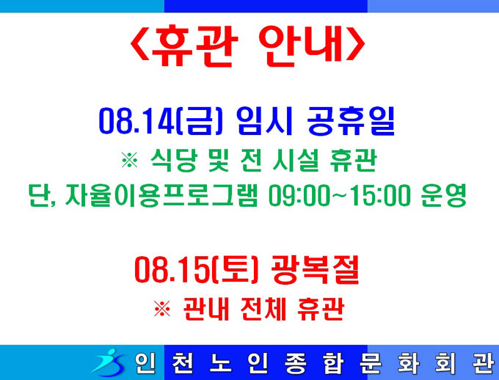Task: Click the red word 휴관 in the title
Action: pos(194,45)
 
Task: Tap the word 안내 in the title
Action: pos(301,45)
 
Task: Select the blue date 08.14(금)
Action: pos(160,122)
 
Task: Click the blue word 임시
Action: pos(264,121)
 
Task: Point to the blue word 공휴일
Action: pos(351,121)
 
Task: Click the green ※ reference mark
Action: pos(130,160)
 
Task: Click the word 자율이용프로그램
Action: pos(161,195)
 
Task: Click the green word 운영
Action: pos(444,195)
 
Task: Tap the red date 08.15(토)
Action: pos(197,270)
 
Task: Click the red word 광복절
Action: pos(316,269)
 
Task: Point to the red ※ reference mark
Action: pos(162,308)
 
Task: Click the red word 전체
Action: pos(263,309)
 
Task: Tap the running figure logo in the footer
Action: pos(108,363)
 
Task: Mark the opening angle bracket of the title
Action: pos(139,45)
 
